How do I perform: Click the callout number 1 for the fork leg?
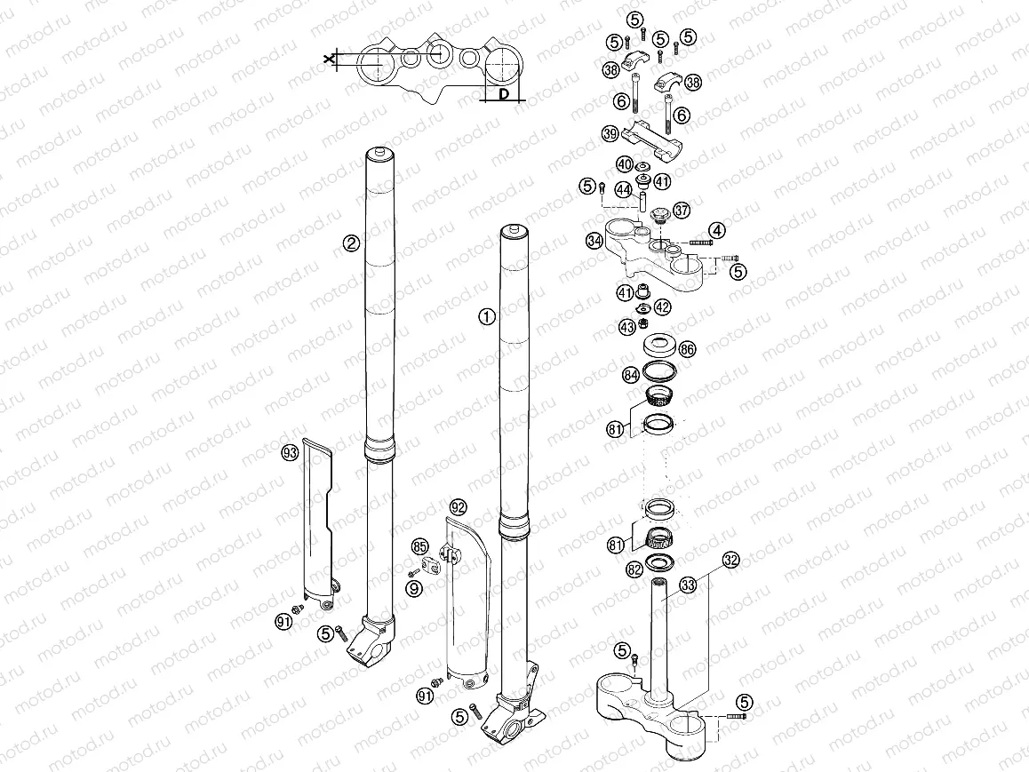(485, 316)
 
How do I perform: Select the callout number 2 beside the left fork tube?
(352, 243)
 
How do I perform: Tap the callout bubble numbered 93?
(289, 453)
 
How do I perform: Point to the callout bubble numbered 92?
(458, 507)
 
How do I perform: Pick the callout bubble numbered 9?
(414, 587)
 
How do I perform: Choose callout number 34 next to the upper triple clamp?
(594, 240)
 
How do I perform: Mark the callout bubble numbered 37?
(682, 211)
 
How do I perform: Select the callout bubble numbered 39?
(610, 134)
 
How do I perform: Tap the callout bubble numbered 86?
(687, 349)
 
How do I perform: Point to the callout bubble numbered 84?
(631, 375)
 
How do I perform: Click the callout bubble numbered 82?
(634, 569)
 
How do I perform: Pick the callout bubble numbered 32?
(730, 560)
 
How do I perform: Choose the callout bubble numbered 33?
(712, 584)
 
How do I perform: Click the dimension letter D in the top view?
(502, 93)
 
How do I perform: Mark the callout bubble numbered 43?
(627, 328)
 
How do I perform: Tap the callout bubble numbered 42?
(662, 307)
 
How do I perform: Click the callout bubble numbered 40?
(625, 164)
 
